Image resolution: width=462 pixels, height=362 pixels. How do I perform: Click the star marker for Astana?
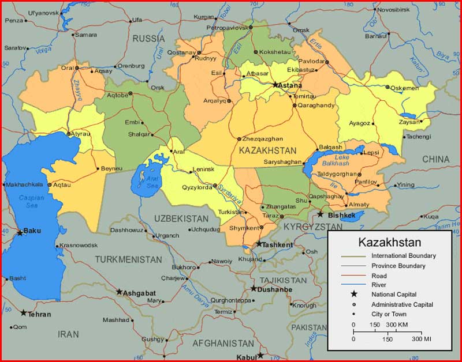tap(275, 84)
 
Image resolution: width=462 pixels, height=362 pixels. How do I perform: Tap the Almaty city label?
tap(359, 205)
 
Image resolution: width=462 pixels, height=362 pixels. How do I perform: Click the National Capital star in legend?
tap(354, 295)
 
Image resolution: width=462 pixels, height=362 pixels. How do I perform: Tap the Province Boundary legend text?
tap(398, 266)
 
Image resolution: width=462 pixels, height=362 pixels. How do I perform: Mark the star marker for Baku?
tap(20, 233)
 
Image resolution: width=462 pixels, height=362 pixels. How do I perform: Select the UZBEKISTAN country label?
tap(181, 218)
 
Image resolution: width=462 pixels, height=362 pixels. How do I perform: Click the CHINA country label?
tap(435, 159)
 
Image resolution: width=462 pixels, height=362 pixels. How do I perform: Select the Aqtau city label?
tap(62, 185)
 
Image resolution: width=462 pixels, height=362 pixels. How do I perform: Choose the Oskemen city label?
tap(404, 88)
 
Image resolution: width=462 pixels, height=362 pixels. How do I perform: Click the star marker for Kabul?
tap(260, 355)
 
